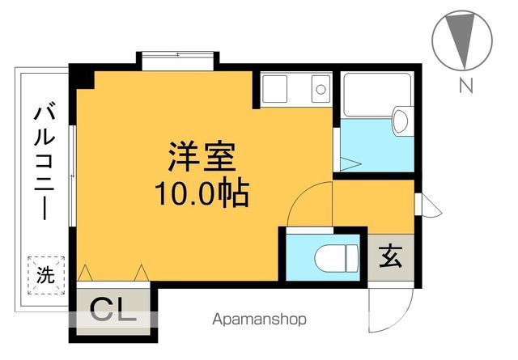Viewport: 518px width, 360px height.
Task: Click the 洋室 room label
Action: [x=202, y=157]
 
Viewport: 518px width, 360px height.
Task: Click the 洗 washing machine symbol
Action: [x=46, y=275]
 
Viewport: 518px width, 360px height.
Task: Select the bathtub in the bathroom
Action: [x=377, y=95]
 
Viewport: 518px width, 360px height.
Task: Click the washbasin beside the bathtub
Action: [x=403, y=121]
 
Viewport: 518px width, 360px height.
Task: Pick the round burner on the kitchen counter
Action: [x=321, y=89]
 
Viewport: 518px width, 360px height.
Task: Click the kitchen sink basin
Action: [x=274, y=89]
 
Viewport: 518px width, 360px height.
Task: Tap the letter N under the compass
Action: [x=466, y=85]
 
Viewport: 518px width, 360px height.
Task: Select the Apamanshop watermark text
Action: [x=259, y=320]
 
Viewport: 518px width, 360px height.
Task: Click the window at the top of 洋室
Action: [x=178, y=61]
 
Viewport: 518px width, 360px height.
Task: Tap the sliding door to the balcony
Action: [x=72, y=176]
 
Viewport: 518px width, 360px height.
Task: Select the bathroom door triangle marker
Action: [x=350, y=163]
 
